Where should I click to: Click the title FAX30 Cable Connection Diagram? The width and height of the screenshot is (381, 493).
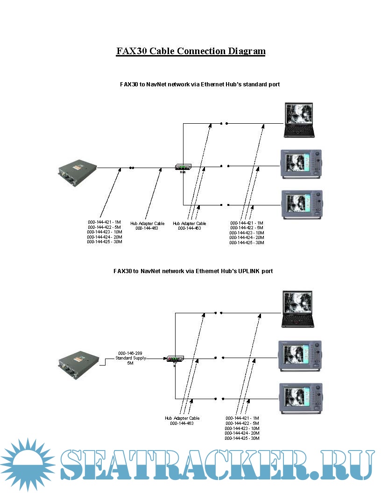pos(190,51)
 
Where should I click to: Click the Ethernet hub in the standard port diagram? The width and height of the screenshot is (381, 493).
pos(183,167)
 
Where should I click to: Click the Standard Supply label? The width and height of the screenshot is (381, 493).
pos(131,358)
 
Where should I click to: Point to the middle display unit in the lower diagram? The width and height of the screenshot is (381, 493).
pos(300,356)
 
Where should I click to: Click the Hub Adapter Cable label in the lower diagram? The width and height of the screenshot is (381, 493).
pos(182,418)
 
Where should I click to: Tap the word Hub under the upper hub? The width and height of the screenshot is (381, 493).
pos(183,172)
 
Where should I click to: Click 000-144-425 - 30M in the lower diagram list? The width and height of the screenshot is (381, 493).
pos(242,438)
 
